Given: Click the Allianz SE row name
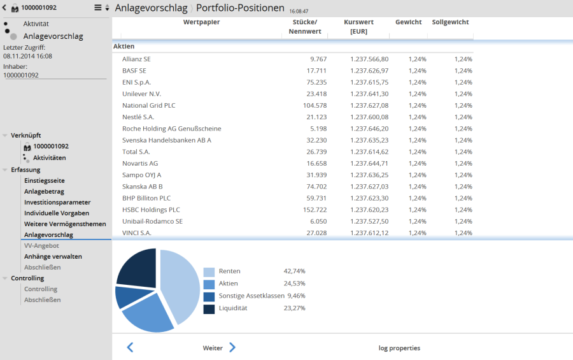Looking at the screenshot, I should pos(136,59).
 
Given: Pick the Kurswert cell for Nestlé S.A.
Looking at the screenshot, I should pos(369,117).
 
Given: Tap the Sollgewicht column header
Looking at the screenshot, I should pos(450,22).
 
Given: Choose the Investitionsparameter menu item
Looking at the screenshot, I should pos(57,202).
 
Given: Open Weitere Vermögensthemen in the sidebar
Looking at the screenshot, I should pos(65,224).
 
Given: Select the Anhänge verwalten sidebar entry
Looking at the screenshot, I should pos(53,256).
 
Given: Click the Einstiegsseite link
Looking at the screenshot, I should pos(45,180).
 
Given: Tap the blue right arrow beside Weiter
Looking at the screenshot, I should pos(232,347).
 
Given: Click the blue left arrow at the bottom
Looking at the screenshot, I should pos(130,347).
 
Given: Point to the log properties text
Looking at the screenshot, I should pos(399,348).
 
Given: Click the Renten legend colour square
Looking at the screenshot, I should pos(209,271).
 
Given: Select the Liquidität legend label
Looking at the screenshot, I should pos(233,308).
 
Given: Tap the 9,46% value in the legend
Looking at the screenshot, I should pos(296,296).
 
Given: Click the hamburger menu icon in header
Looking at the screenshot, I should pos(98,8).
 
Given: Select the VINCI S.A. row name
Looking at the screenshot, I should pos(136,233).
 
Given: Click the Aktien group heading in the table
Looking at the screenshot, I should pos(124,47).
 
